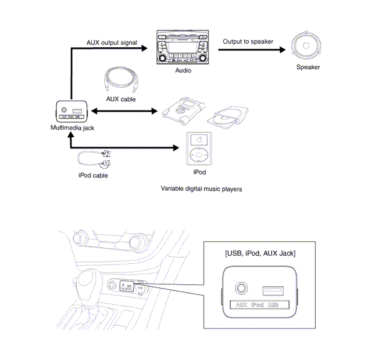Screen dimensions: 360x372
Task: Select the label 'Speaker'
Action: pyautogui.click(x=308, y=67)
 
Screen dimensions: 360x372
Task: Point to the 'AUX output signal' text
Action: pyautogui.click(x=112, y=42)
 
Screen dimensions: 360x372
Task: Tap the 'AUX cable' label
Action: pyautogui.click(x=121, y=99)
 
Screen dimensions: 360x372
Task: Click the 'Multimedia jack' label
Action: pyautogui.click(x=72, y=127)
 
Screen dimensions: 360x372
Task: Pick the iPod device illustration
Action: pyautogui.click(x=198, y=148)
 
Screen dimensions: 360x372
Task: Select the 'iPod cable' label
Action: pyautogui.click(x=93, y=176)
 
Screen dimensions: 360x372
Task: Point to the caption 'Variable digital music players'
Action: pyautogui.click(x=201, y=189)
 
